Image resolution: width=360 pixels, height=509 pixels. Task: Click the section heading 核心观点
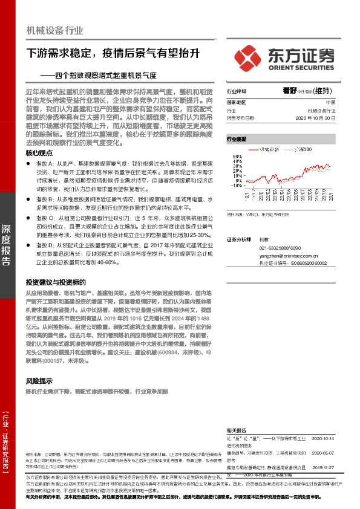pyautogui.click(x=39, y=154)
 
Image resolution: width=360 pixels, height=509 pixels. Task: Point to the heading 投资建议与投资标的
pyautogui.click(x=55, y=282)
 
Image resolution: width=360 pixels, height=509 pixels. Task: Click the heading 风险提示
pyautogui.click(x=39, y=381)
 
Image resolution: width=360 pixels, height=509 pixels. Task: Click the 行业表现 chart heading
pyautogui.click(x=237, y=139)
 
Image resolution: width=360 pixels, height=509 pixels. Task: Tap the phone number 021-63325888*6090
pyautogui.click(x=281, y=248)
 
